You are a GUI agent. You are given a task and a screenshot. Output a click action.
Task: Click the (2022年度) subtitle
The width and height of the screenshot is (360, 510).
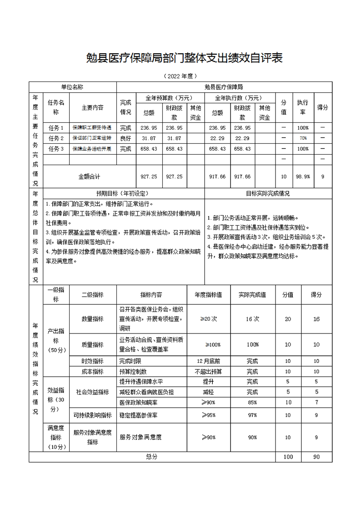pos(180,76)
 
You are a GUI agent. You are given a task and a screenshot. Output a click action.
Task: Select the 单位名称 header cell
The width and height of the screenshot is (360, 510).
pos(72,86)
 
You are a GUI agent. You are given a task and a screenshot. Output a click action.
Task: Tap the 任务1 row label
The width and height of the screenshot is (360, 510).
pos(56,128)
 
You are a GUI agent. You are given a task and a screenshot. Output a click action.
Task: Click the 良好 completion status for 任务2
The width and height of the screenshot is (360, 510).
pos(125,138)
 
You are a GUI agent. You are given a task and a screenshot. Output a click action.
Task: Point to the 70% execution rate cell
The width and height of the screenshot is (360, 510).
pos(303,138)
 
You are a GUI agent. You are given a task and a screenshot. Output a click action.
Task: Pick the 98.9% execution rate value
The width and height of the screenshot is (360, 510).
pos(303,177)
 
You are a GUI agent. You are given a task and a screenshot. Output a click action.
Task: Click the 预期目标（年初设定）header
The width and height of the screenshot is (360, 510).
pos(117,193)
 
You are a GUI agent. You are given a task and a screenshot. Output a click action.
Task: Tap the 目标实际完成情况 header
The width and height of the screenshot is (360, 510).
pos(268,193)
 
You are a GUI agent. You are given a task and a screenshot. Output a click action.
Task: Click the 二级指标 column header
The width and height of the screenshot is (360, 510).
pos(92,295)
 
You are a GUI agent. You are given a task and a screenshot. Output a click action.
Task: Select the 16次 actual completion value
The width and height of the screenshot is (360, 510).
pos(253,319)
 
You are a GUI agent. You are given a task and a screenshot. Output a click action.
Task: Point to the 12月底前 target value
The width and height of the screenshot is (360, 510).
pos(209,361)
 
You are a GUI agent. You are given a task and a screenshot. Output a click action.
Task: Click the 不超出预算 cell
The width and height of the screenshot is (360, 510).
pos(209,372)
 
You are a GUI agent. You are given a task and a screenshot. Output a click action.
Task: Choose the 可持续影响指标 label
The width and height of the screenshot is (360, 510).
pos(92,415)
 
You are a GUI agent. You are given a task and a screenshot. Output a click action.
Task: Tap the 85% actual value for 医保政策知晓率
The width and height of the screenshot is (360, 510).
pos(253,403)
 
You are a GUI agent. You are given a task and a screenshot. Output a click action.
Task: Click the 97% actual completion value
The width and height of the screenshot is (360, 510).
pos(253,415)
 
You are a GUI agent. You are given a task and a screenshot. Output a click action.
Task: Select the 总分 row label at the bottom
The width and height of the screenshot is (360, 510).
pos(152,457)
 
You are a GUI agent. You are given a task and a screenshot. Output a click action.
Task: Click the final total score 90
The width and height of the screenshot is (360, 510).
pos(316,457)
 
